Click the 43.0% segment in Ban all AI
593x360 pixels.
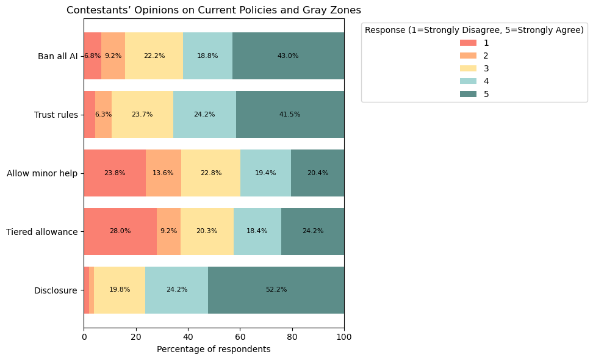tap(288, 56)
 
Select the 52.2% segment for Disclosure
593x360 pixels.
tap(276, 290)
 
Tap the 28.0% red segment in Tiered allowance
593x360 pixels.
tap(120, 231)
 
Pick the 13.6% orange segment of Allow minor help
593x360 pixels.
tap(163, 173)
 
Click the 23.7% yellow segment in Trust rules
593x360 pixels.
tap(142, 114)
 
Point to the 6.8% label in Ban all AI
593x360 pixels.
tap(92, 56)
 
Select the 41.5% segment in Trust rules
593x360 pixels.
tap(290, 114)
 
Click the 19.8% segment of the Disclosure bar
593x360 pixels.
tap(120, 290)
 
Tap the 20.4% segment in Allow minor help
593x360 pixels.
tap(317, 173)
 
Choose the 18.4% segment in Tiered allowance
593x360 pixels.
tap(257, 231)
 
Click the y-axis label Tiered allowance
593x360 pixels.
tap(41, 232)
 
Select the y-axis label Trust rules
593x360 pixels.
tap(56, 115)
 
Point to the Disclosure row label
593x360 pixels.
tap(56, 290)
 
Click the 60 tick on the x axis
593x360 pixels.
tap(240, 336)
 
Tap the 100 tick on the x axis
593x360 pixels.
tap(344, 336)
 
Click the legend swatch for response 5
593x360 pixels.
tap(468, 94)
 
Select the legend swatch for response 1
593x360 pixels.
tap(468, 43)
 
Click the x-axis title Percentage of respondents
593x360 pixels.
tap(214, 350)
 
